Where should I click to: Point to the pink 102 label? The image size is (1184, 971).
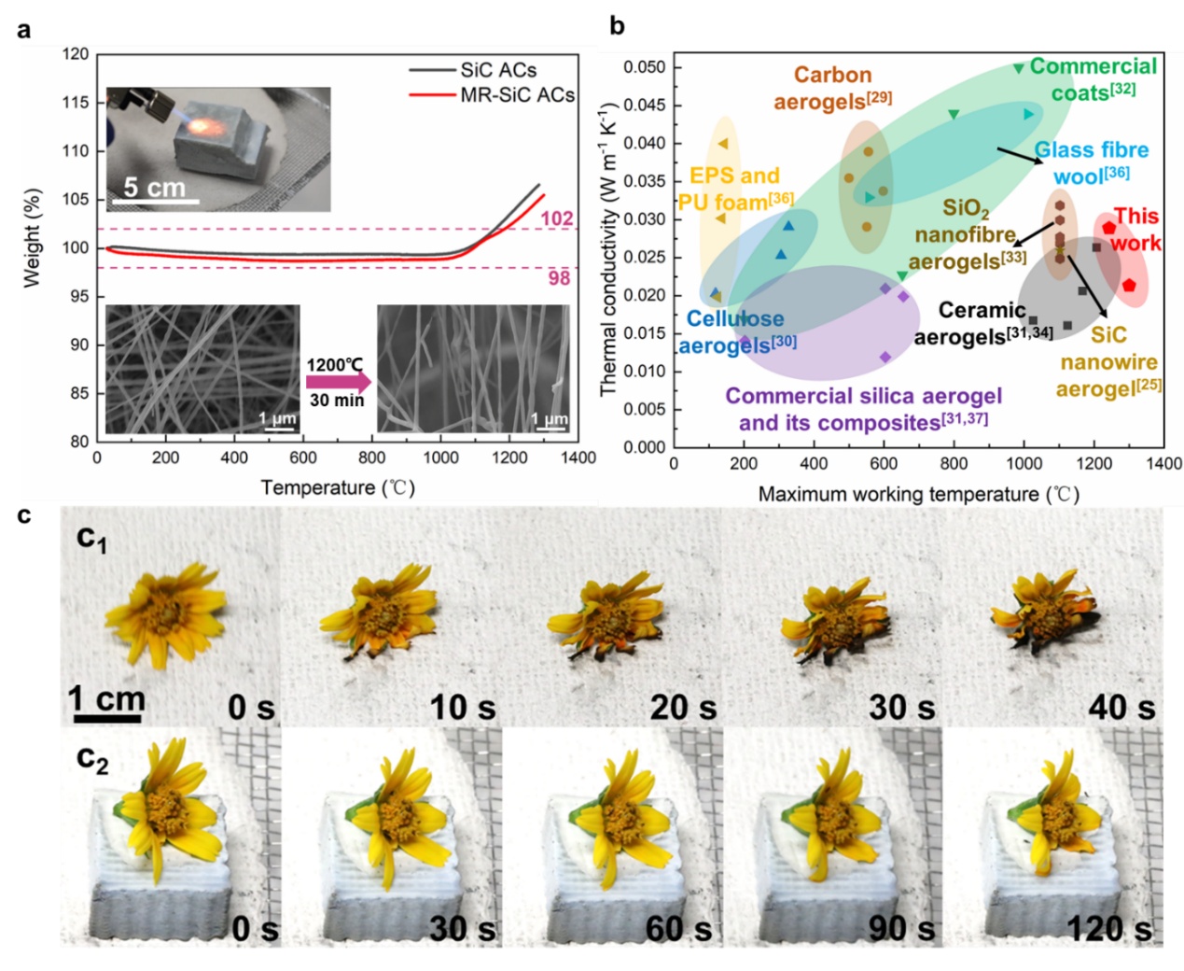click(557, 218)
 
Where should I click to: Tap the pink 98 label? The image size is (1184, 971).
click(558, 278)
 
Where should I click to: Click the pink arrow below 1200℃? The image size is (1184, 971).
click(337, 382)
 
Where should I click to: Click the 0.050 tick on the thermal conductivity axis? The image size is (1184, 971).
click(645, 67)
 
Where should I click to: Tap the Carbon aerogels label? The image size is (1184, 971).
click(833, 87)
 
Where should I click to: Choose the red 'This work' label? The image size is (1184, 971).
click(1135, 230)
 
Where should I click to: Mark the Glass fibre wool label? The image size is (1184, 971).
click(1092, 162)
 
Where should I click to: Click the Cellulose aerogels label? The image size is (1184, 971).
click(736, 331)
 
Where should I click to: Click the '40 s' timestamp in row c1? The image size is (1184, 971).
click(1121, 708)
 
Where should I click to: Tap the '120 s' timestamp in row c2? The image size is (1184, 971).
click(1109, 928)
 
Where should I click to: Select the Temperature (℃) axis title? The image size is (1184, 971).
click(338, 487)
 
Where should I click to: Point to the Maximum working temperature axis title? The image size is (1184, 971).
click(918, 494)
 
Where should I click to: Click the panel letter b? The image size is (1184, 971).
click(617, 26)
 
